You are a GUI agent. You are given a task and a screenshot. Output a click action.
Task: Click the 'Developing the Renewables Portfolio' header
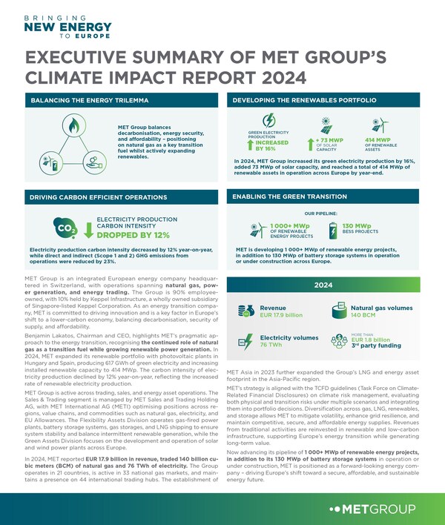[x=305, y=99]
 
